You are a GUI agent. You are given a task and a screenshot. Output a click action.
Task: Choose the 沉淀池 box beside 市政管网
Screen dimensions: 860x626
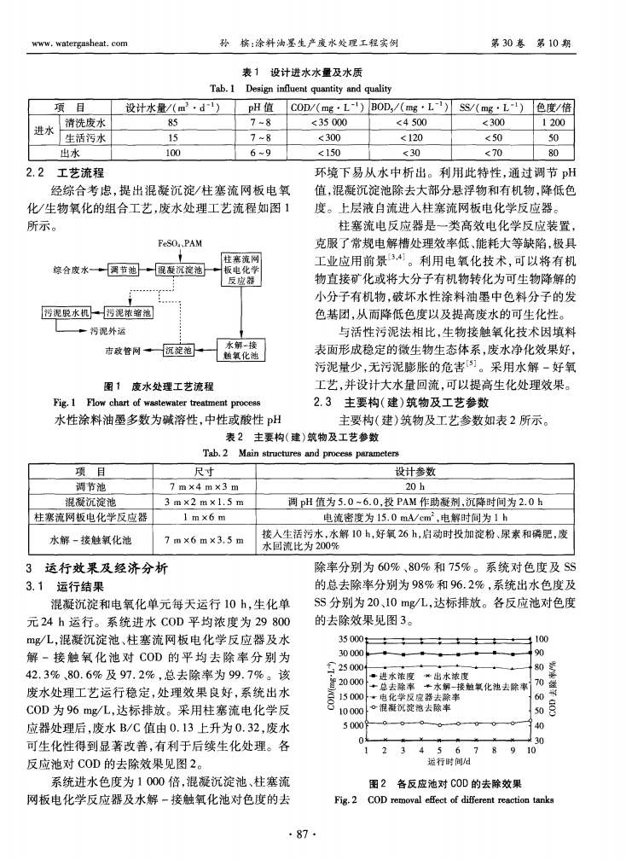point(180,350)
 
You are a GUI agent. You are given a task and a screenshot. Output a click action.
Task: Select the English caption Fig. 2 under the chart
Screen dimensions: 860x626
point(449,799)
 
